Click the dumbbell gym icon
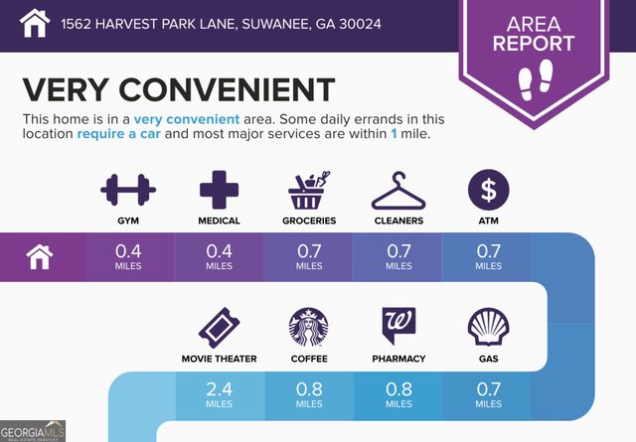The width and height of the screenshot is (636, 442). (x=128, y=188)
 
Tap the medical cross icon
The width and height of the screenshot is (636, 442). (x=219, y=188)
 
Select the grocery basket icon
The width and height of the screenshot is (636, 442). (x=308, y=189)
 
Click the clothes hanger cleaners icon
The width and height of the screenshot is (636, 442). (x=397, y=189)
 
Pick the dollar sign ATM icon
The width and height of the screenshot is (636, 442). (x=488, y=188)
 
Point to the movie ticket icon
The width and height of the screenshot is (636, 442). (x=219, y=326)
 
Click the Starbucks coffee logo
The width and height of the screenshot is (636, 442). (x=308, y=326)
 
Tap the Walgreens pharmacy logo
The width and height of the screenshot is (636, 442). (x=397, y=325)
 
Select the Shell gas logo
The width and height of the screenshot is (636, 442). (x=488, y=326)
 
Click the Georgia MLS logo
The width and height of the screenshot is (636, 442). (x=33, y=431)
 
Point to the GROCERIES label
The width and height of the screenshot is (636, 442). (x=308, y=221)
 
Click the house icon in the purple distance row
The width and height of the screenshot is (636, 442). (x=39, y=257)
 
